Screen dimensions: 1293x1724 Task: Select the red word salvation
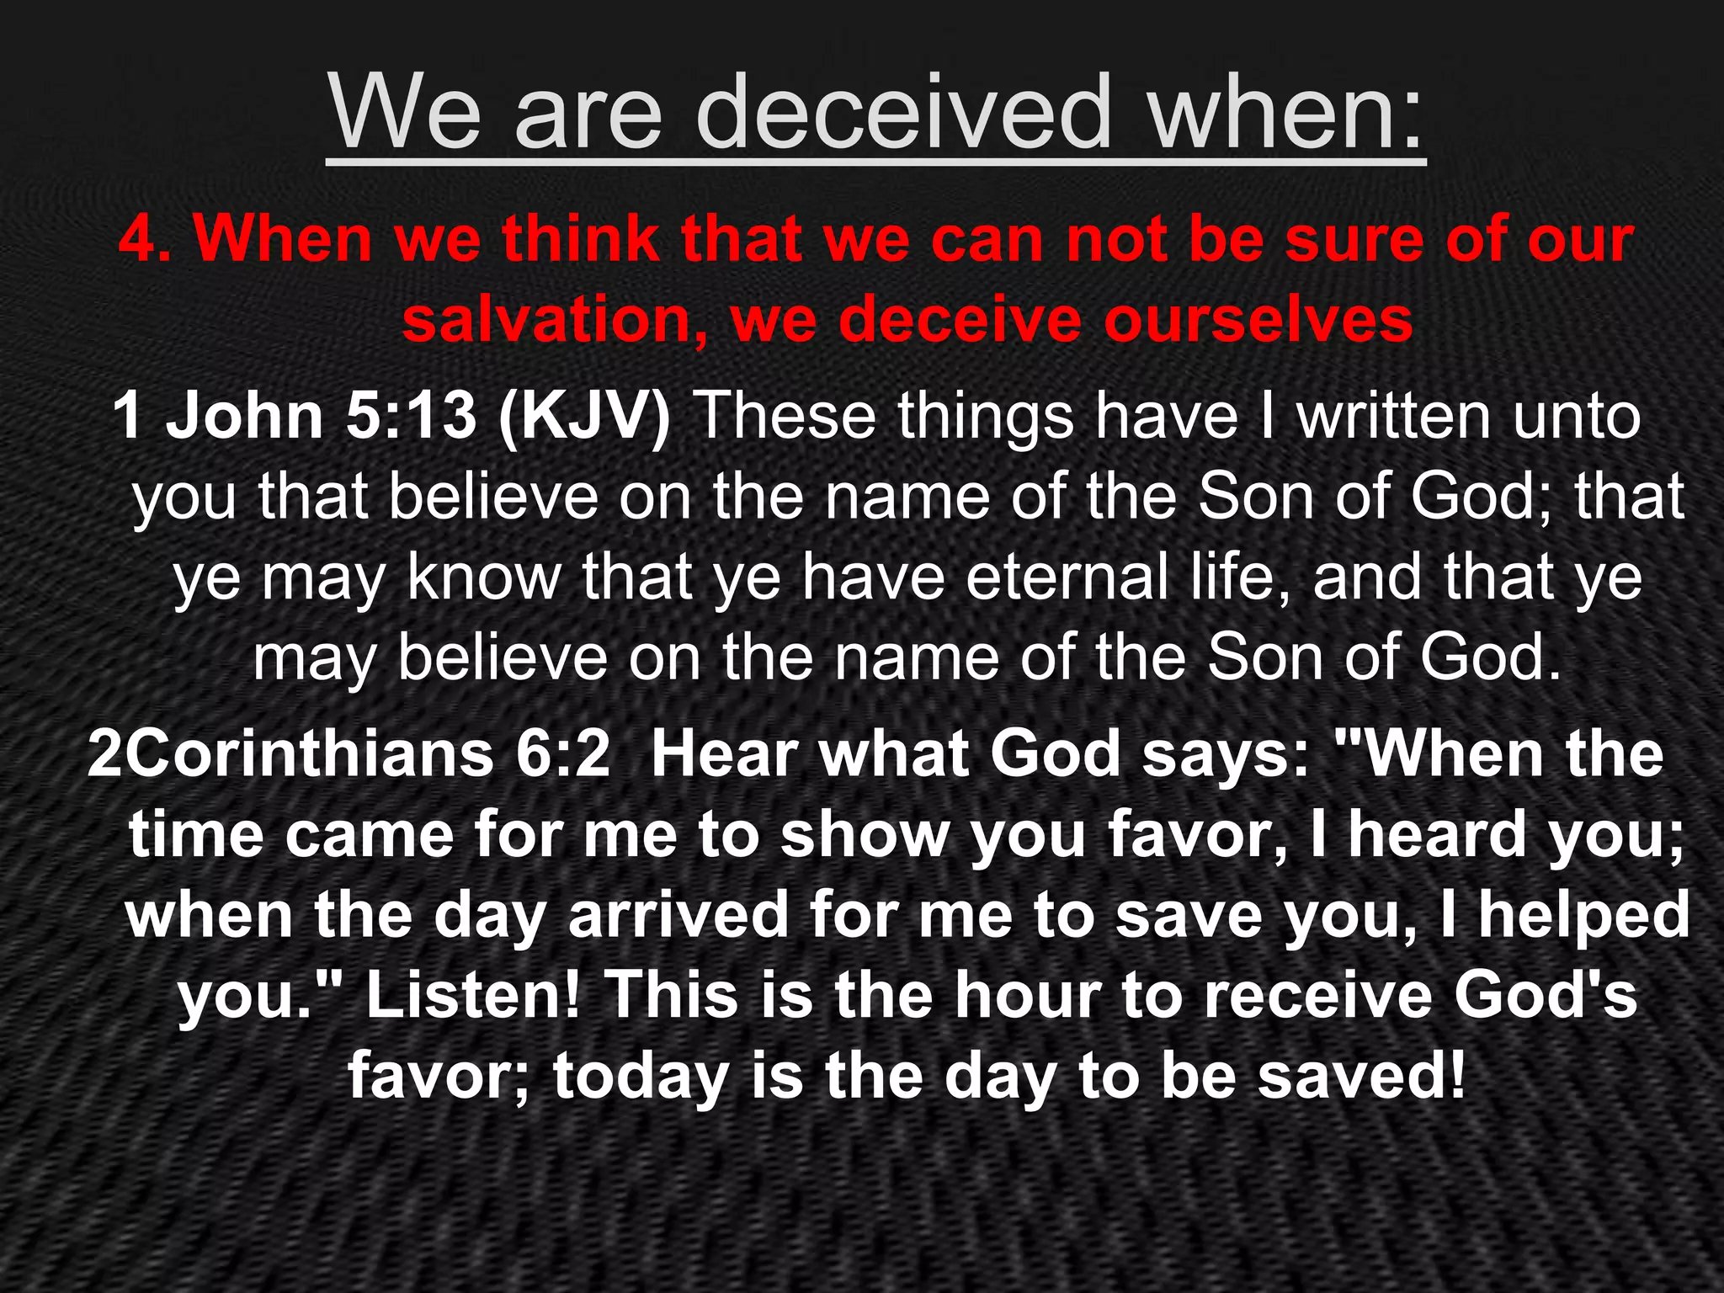click(x=556, y=319)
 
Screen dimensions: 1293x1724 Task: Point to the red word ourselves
click(x=1258, y=319)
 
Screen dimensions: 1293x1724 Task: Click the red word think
click(x=581, y=239)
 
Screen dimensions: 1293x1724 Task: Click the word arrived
click(x=678, y=915)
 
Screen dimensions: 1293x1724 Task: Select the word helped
click(x=1583, y=915)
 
